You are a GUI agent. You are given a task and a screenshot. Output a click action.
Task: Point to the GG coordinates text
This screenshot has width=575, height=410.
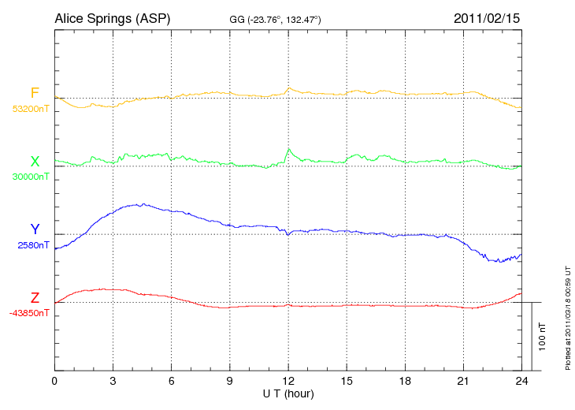click(275, 18)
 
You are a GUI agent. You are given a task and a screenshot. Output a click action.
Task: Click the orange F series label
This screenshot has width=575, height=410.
click(35, 93)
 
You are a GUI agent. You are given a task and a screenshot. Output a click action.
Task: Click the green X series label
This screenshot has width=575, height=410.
click(35, 161)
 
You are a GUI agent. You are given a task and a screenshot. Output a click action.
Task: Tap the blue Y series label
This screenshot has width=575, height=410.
click(35, 229)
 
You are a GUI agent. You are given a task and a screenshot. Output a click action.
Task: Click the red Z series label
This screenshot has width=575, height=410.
click(35, 298)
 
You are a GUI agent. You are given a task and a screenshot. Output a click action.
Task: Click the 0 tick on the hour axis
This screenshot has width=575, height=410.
click(54, 382)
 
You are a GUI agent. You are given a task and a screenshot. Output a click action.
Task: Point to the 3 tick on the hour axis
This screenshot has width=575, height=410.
click(113, 382)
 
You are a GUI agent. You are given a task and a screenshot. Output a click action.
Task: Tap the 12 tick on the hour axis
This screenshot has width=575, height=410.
click(288, 382)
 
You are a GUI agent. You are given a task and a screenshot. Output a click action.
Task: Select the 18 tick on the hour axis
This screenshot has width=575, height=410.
click(405, 382)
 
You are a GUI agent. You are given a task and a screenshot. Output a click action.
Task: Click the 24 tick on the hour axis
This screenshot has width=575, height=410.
click(521, 382)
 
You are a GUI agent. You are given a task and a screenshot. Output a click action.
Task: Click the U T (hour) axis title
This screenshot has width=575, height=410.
click(288, 393)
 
